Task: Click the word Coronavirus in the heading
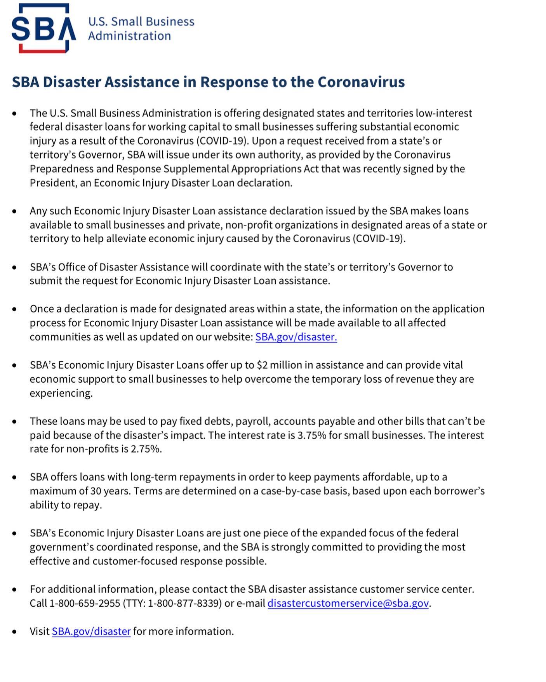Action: [x=361, y=82]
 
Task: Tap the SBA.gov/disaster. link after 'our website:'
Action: [x=296, y=337]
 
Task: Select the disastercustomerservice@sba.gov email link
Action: [x=348, y=603]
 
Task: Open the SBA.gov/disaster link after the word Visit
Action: [x=91, y=632]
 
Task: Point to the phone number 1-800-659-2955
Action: [x=85, y=603]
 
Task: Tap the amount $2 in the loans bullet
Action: [x=262, y=365]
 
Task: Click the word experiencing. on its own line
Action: [x=61, y=393]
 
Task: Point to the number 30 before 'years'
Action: [x=96, y=491]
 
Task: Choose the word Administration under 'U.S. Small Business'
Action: [x=129, y=36]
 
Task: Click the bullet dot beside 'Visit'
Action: [x=14, y=632]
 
